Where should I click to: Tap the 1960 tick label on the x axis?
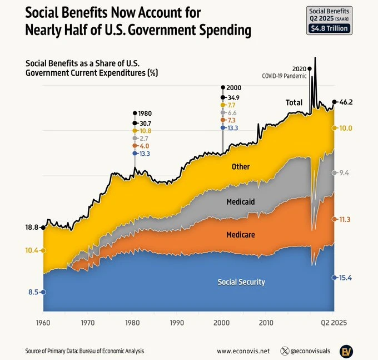coord(43,323)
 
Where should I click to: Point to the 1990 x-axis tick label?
coord(177,323)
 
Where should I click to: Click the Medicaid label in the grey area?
coord(241,202)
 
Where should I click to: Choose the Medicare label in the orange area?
coord(241,235)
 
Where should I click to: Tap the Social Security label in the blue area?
coord(241,282)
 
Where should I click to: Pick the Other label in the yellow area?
coord(241,166)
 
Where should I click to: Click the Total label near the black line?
coord(294,103)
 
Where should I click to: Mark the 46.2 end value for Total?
coord(347,102)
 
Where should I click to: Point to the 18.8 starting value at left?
coord(31,227)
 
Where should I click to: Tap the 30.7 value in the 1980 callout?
coord(145,123)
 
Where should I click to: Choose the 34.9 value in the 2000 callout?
coord(233,97)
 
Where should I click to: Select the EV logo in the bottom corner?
coord(347,351)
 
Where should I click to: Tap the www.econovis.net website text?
coord(243,351)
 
